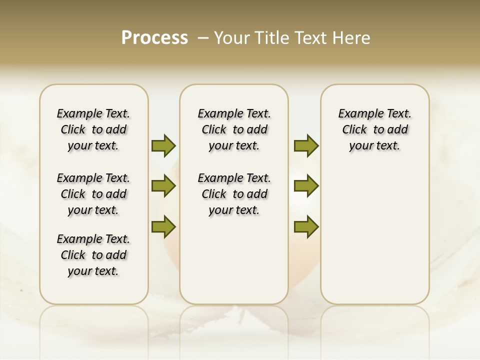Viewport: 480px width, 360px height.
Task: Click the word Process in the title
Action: coord(154,38)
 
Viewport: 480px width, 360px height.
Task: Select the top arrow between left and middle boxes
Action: coord(163,145)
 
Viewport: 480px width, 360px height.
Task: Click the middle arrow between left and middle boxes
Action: coord(163,186)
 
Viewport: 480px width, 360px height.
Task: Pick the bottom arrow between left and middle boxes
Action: coord(163,226)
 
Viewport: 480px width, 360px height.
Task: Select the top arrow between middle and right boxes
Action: coord(306,145)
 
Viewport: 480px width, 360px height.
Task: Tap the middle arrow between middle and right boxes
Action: coord(306,186)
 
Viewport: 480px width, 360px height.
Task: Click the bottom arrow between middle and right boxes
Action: coord(306,226)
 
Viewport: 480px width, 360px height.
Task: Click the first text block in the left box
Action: coord(93,129)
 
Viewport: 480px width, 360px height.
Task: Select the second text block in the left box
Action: coord(93,194)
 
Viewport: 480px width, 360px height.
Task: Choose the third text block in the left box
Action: coord(93,255)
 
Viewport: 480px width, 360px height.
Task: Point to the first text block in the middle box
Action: coord(234,129)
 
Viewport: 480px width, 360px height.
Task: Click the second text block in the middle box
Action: coord(234,194)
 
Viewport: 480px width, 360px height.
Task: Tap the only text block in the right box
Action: coord(374,129)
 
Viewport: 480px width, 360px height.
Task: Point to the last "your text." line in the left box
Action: coord(93,271)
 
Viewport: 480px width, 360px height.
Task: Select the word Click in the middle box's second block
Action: coord(214,194)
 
